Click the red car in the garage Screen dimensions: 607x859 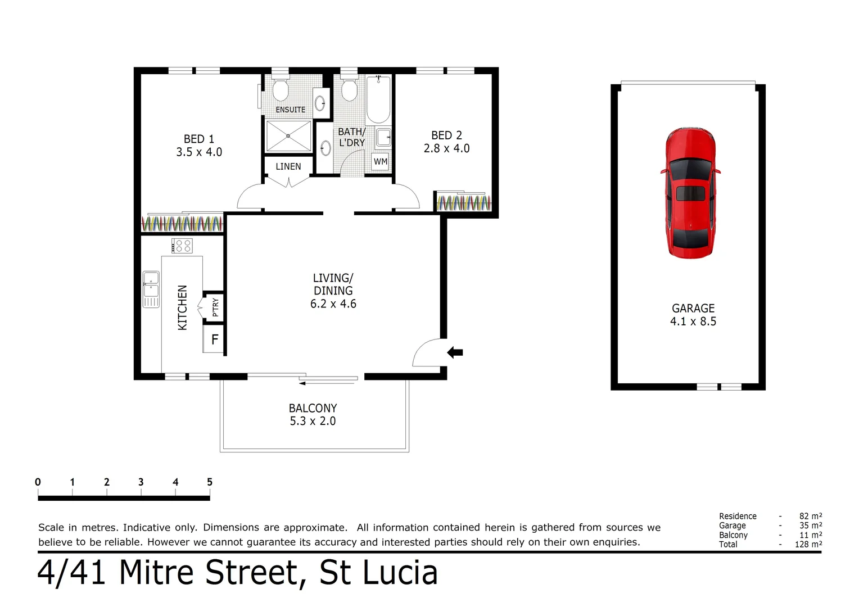pos(690,192)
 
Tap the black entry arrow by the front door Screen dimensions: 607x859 pos(455,352)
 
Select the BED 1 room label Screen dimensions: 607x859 pos(199,139)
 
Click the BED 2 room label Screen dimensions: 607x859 pos(446,135)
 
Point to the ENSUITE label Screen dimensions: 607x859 pos(290,110)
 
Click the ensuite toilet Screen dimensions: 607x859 pos(281,89)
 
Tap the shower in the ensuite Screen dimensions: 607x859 pos(288,135)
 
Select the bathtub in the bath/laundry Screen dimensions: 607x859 pos(378,99)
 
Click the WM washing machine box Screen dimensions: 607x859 pos(381,161)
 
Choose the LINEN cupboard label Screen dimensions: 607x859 pos(288,166)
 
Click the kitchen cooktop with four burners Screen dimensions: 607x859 pos(182,246)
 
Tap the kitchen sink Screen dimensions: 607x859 pos(151,289)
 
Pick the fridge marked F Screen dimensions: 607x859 pos(214,339)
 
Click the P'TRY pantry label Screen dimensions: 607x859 pos(215,307)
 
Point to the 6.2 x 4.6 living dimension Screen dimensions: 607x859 pos(333,304)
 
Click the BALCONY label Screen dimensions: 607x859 pos(313,408)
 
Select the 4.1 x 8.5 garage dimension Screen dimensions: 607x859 pos(693,321)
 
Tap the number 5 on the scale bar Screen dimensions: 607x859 pos(210,482)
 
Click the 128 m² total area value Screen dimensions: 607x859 pos(808,544)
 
